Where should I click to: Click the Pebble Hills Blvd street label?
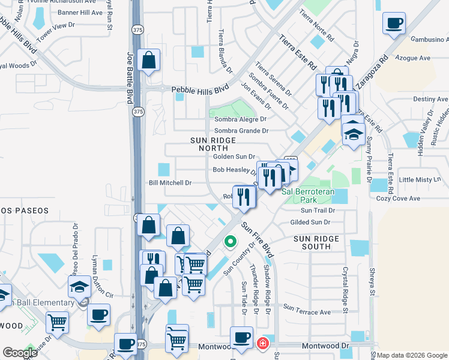click(x=200, y=89)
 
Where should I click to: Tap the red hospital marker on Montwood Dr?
click(x=262, y=343)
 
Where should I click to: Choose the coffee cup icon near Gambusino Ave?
click(x=394, y=24)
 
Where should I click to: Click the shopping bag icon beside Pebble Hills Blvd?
click(x=148, y=61)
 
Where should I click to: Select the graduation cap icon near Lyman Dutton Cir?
click(x=79, y=287)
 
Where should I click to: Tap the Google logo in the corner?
click(x=20, y=353)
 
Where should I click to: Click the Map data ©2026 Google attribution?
click(x=412, y=355)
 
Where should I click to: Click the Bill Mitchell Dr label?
click(x=170, y=182)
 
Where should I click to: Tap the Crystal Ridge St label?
click(x=346, y=290)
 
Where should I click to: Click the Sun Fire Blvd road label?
click(x=257, y=240)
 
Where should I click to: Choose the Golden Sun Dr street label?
click(x=234, y=157)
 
